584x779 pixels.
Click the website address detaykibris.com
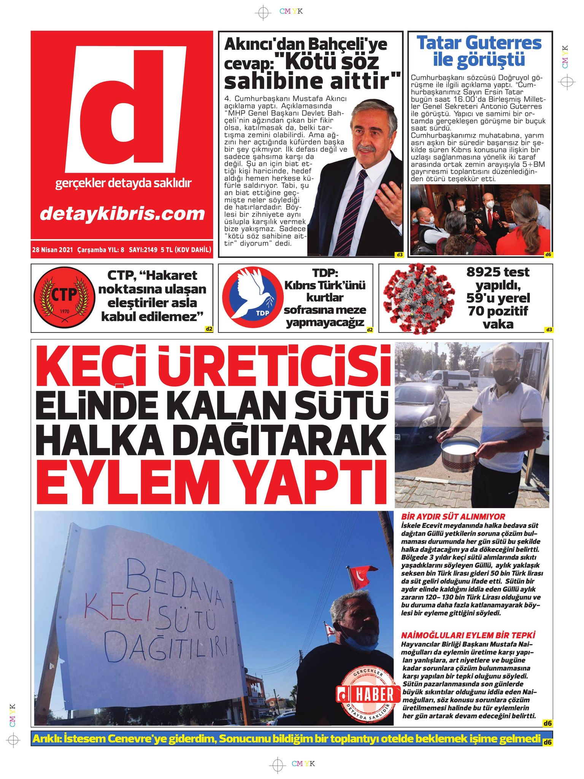(x=122, y=214)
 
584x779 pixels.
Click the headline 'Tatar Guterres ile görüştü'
(x=479, y=51)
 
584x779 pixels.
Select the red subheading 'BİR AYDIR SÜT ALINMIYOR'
(x=453, y=517)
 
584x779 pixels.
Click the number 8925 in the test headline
(x=484, y=272)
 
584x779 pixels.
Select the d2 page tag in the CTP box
(x=208, y=329)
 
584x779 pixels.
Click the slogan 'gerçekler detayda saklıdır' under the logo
(x=123, y=183)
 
